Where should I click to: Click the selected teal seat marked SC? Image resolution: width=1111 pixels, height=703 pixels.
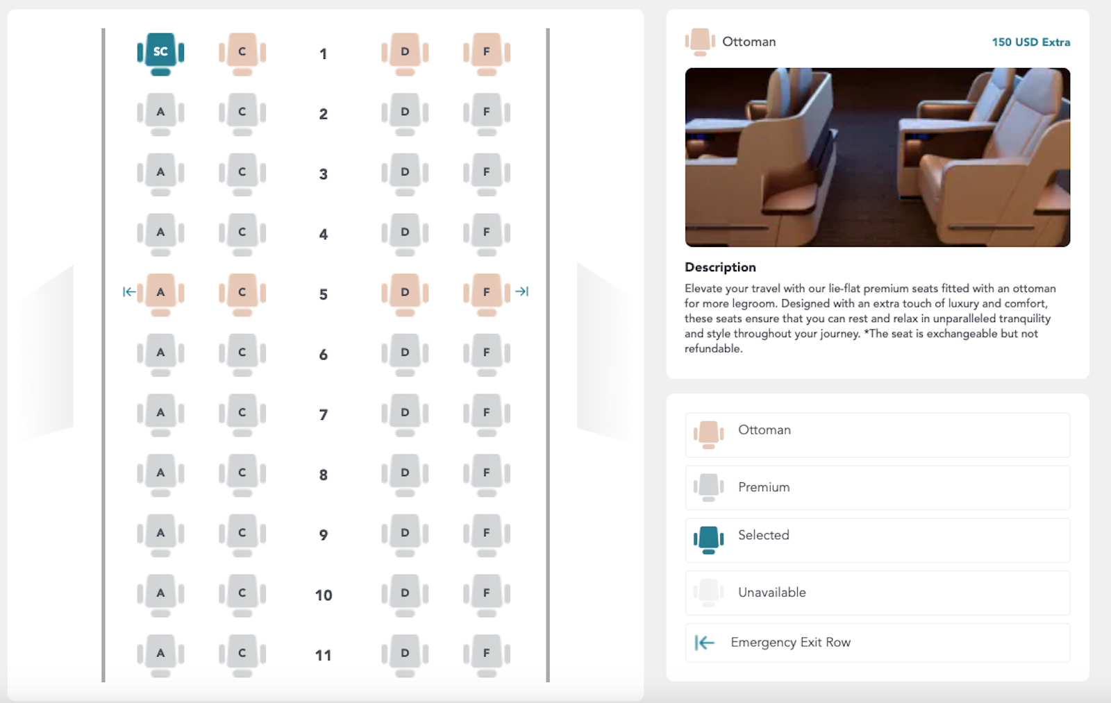click(160, 52)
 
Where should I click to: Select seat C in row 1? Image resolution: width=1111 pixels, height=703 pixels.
click(242, 52)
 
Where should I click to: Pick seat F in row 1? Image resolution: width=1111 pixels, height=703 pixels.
click(487, 52)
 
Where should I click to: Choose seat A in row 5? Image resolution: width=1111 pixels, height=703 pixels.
click(160, 293)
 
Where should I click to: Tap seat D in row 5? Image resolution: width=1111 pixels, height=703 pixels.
click(405, 293)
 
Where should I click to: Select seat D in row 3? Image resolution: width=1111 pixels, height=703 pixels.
click(405, 172)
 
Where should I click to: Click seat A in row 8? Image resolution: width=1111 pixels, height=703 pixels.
click(160, 473)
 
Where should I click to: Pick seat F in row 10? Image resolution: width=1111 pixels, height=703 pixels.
click(487, 593)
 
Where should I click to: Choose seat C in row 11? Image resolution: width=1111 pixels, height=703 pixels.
click(242, 654)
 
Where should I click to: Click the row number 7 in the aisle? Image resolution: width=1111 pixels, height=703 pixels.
click(324, 415)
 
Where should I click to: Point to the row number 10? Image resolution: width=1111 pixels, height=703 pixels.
click(324, 595)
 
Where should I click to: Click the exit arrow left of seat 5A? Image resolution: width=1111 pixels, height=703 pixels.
click(129, 292)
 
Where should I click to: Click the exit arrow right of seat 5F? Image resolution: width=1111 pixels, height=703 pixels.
click(522, 292)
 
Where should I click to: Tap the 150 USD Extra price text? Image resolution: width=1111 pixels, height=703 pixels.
click(1030, 42)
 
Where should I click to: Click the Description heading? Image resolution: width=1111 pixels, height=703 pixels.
click(720, 267)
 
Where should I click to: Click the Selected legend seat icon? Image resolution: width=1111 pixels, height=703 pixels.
click(708, 539)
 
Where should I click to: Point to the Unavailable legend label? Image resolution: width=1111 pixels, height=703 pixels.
click(771, 593)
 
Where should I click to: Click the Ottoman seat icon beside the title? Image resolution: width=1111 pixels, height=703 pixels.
click(700, 42)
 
